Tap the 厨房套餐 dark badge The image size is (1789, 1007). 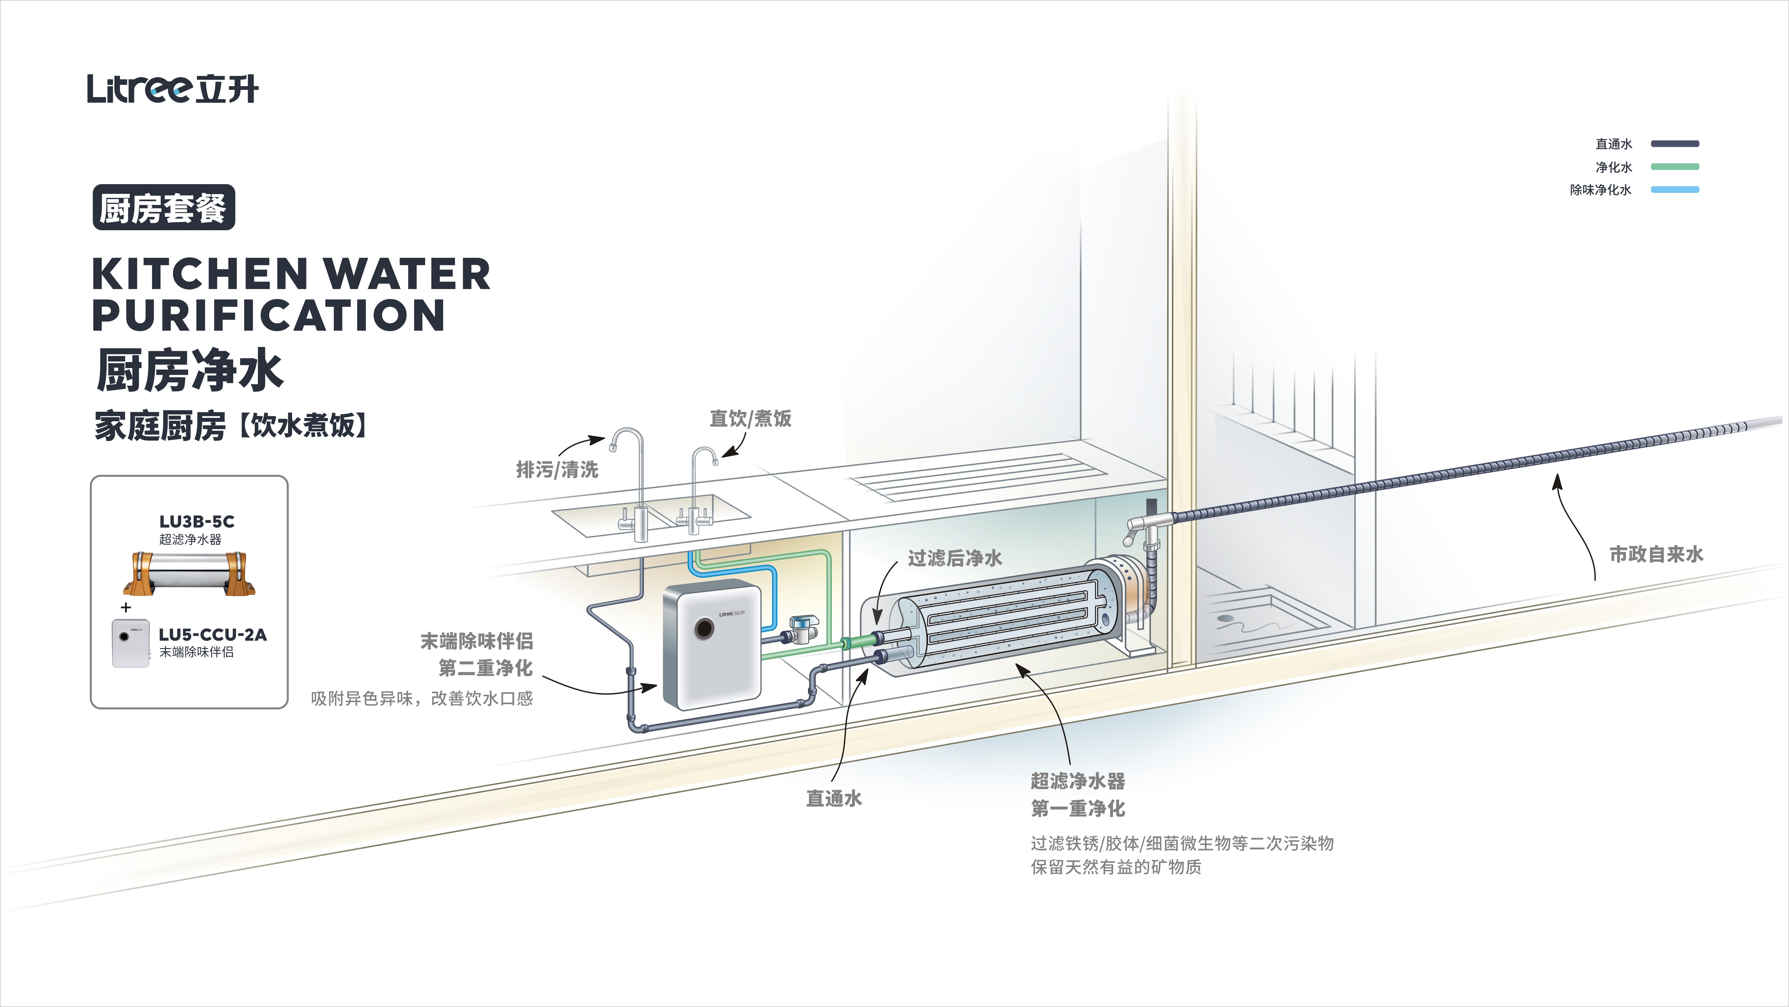tap(164, 207)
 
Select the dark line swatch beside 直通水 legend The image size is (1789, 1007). tap(1674, 144)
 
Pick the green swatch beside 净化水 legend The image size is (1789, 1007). tap(1674, 167)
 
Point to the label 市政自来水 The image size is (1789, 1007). tap(1656, 554)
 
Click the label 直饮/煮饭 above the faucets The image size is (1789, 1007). tap(750, 418)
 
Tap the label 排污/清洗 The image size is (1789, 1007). tap(557, 470)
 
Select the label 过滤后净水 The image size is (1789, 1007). tap(955, 558)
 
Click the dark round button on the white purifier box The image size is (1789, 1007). tap(704, 629)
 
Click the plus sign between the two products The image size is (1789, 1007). tap(126, 607)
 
